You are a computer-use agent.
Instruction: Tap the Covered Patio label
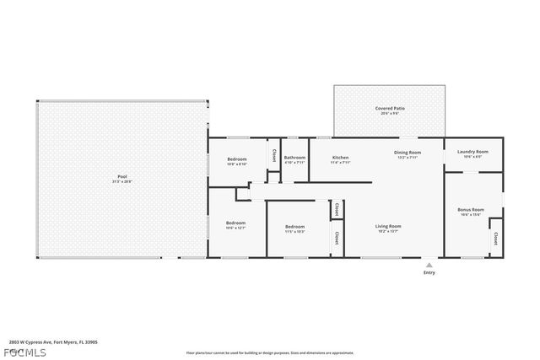tap(389, 108)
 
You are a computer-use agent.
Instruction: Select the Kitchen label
tap(340, 158)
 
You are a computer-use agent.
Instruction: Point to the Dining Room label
tap(407, 153)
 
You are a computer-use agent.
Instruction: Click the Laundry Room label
tap(472, 152)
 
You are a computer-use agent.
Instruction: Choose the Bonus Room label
tap(471, 209)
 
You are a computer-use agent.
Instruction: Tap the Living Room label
tap(388, 225)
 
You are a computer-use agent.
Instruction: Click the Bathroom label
tap(294, 158)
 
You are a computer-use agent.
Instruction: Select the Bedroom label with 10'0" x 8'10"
tap(236, 159)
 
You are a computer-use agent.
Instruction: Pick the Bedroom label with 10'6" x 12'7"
tap(235, 223)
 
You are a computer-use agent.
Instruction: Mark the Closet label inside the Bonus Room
tap(495, 238)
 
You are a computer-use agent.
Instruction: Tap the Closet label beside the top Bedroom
tap(274, 155)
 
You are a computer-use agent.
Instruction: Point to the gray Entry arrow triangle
tap(429, 264)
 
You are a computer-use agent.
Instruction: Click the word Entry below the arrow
tap(429, 272)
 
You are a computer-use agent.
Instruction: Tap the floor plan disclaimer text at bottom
tap(270, 352)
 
